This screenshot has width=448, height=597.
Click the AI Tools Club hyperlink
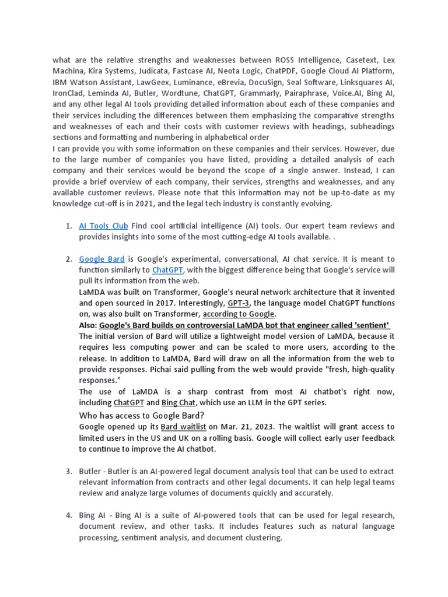(x=103, y=226)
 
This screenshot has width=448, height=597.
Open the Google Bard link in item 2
(x=101, y=259)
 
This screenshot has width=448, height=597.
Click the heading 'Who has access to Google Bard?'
(x=141, y=415)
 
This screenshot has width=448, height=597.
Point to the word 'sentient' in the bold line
(x=370, y=325)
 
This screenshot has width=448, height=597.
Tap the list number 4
(x=68, y=515)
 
